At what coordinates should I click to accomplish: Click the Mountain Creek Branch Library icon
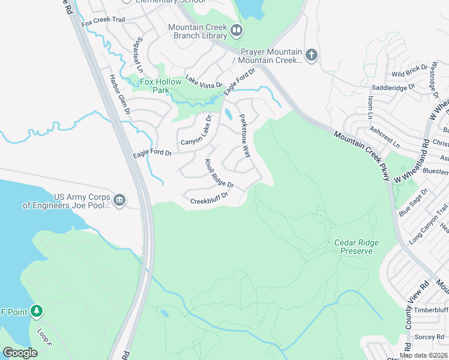(x=237, y=30)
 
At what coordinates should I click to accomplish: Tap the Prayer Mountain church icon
(x=311, y=55)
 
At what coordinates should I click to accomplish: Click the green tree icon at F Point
(x=37, y=310)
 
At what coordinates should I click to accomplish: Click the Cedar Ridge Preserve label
(x=353, y=247)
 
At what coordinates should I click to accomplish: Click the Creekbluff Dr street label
(x=209, y=199)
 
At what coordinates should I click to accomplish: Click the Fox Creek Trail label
(x=103, y=21)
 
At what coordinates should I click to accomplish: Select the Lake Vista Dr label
(x=203, y=81)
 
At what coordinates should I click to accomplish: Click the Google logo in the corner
(x=20, y=353)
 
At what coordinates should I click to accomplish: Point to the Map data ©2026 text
(x=423, y=355)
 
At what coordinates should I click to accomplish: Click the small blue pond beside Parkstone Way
(x=228, y=114)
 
